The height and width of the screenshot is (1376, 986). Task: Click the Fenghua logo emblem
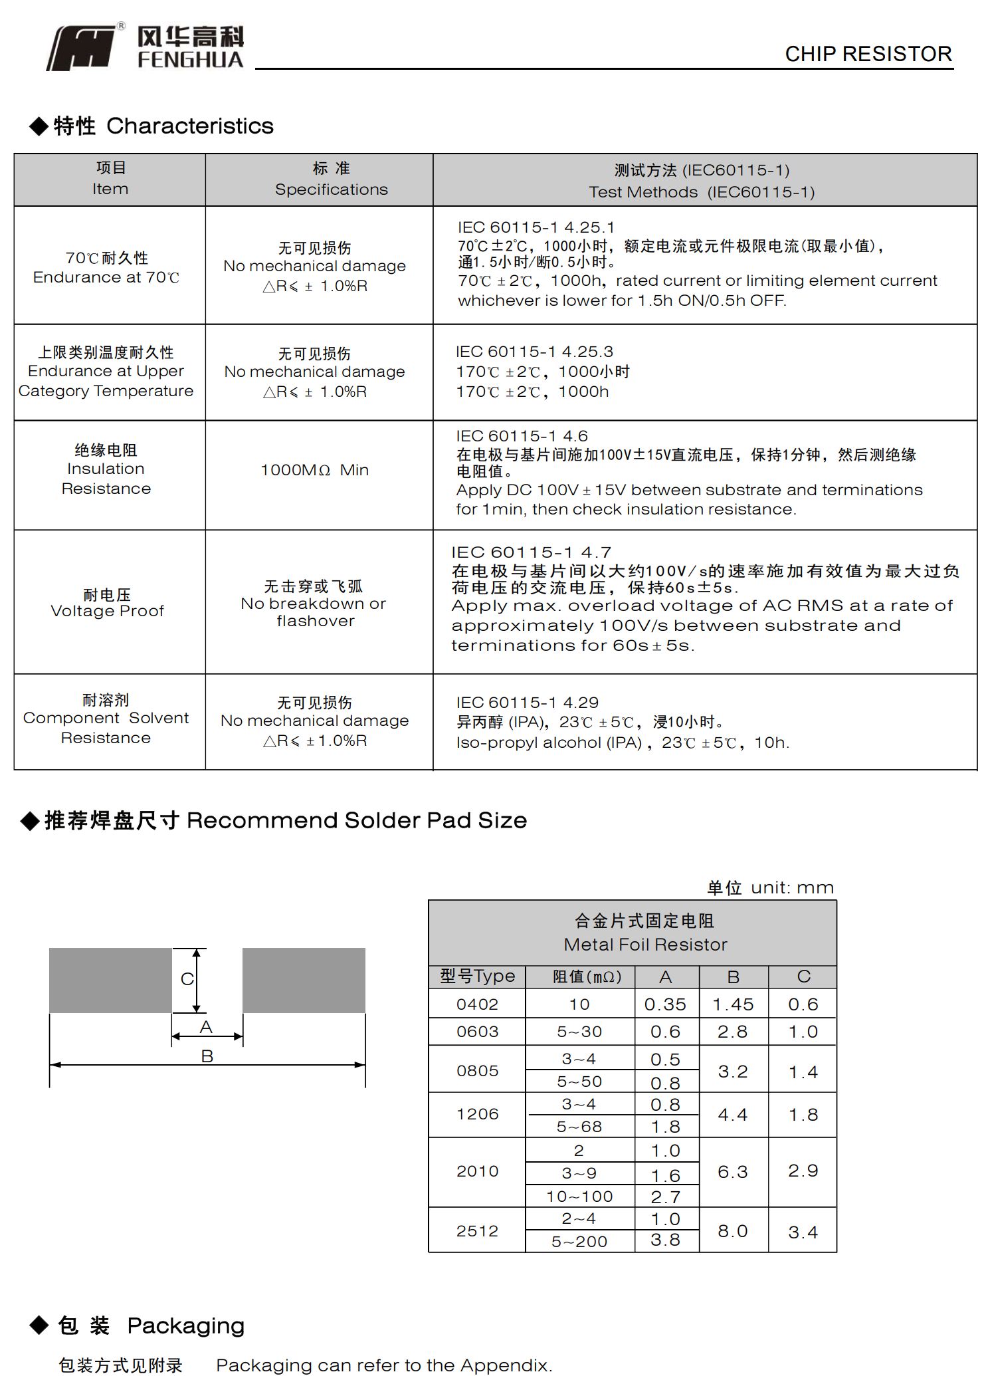click(80, 48)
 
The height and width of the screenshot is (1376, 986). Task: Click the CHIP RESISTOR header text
click(868, 54)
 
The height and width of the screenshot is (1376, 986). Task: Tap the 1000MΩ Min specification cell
click(314, 470)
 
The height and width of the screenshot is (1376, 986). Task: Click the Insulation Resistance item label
click(106, 469)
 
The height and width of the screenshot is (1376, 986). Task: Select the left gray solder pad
click(110, 980)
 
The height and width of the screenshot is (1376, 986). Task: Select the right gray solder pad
click(304, 980)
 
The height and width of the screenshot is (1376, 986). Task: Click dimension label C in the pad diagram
click(187, 979)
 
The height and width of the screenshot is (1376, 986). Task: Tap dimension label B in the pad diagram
click(207, 1056)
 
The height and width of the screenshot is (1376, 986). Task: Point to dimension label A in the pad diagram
click(206, 1027)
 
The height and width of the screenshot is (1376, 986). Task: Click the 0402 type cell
click(477, 1004)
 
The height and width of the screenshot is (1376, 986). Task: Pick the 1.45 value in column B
click(733, 1004)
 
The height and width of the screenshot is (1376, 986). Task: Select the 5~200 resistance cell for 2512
click(579, 1241)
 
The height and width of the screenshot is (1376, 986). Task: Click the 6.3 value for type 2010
click(733, 1172)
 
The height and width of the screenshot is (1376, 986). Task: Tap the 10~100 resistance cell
click(579, 1197)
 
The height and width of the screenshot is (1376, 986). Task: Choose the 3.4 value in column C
click(803, 1232)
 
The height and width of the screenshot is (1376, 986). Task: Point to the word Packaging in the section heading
click(186, 1325)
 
